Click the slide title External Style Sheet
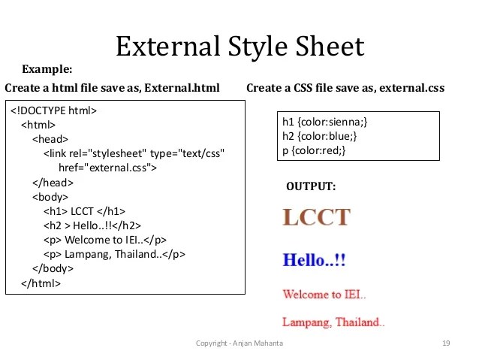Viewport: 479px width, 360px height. tap(239, 47)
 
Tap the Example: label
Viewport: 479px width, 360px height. tap(47, 70)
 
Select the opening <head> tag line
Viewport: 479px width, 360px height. tap(50, 139)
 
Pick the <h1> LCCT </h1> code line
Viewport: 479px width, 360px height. tap(85, 210)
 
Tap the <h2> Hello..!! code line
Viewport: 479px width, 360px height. tap(92, 225)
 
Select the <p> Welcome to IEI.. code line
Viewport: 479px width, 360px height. tap(104, 240)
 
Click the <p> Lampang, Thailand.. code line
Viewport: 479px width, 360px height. tap(114, 254)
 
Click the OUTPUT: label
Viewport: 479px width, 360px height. tap(312, 186)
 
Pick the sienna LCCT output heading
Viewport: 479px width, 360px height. tap(316, 218)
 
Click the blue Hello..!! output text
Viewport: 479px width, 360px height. tap(314, 261)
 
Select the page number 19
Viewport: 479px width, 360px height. tap(446, 343)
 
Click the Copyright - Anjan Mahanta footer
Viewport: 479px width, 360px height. tap(234, 343)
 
